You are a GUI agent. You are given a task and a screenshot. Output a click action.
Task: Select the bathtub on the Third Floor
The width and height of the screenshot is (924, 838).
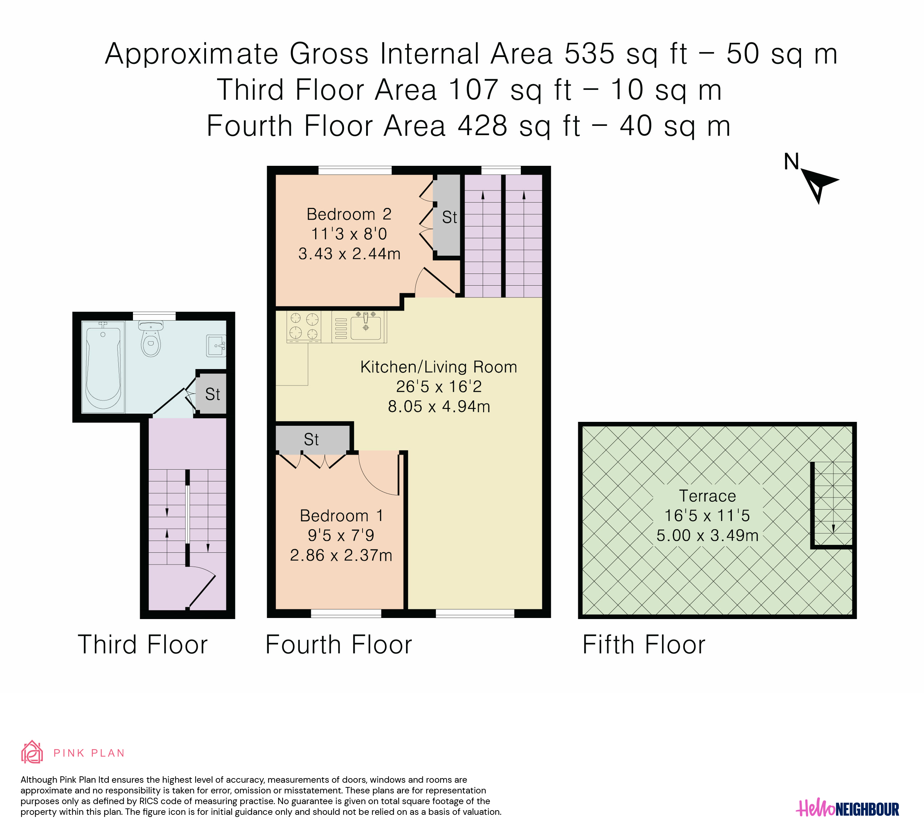tap(103, 367)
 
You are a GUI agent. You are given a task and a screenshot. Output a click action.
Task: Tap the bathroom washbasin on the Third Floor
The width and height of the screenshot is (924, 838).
tap(216, 345)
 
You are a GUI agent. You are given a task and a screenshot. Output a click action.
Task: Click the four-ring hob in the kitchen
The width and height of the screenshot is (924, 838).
tap(303, 326)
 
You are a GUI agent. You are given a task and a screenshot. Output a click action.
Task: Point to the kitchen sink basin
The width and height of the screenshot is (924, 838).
tap(365, 327)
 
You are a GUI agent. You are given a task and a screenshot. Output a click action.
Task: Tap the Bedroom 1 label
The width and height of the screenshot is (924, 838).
tap(341, 516)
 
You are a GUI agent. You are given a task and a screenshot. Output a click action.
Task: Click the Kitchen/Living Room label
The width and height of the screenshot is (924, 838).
tap(438, 367)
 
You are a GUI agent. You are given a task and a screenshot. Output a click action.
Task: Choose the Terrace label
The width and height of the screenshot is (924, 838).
tap(707, 496)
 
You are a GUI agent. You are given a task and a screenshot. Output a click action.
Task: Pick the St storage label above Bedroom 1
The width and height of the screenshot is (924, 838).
tap(311, 439)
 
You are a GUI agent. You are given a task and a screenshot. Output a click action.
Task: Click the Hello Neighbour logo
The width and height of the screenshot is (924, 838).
tap(847, 809)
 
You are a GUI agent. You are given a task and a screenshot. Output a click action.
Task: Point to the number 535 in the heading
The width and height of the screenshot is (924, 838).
tap(589, 53)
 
